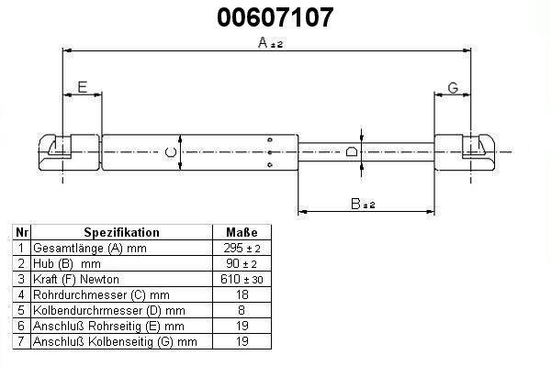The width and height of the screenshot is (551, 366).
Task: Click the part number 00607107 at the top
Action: tap(275, 17)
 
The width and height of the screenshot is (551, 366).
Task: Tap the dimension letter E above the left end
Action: tap(83, 87)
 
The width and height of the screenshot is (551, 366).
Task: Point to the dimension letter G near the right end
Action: tap(453, 88)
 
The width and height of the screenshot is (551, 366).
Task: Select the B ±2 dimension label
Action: tap(363, 204)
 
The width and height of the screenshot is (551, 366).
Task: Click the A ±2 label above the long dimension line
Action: tap(270, 43)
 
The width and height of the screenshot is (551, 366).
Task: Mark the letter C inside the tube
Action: tap(171, 152)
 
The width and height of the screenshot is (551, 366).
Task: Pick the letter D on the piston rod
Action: tap(352, 151)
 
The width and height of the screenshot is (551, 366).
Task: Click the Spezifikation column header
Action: tap(121, 232)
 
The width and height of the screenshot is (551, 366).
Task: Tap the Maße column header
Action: tap(242, 232)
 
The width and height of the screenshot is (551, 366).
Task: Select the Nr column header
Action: tap(22, 232)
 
